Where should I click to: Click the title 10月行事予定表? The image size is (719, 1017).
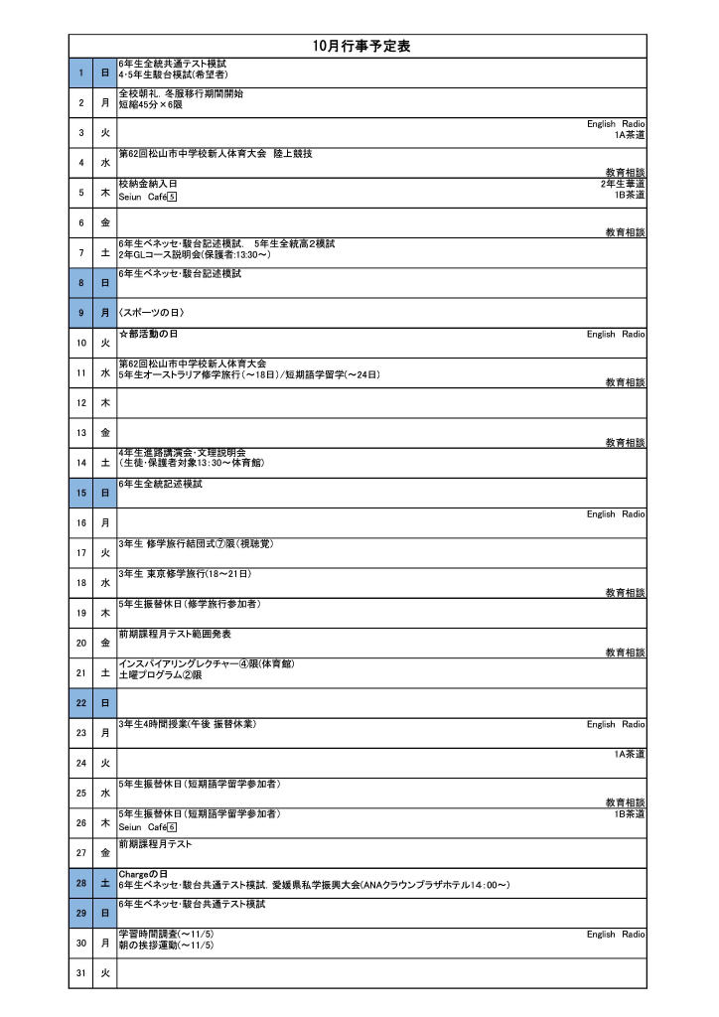(x=360, y=46)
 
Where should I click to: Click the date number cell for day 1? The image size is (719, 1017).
(x=80, y=72)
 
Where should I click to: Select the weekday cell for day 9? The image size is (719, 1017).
(x=104, y=313)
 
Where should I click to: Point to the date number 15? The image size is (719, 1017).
(x=80, y=492)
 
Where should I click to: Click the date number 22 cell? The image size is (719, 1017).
(x=80, y=702)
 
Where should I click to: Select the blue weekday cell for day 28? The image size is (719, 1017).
(x=104, y=882)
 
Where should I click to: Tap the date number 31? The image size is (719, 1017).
(x=80, y=972)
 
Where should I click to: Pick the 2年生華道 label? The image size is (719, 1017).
(x=623, y=184)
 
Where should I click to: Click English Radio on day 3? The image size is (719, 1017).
(x=616, y=124)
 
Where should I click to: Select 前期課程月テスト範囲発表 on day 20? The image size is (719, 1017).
(x=174, y=634)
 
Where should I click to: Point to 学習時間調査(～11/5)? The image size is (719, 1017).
(x=166, y=935)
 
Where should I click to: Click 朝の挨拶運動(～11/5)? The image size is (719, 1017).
(x=166, y=945)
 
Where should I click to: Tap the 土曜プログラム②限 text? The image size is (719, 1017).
(x=160, y=674)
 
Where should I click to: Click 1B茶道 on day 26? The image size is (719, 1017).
(x=629, y=814)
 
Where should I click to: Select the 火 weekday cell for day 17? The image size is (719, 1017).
(x=104, y=552)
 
